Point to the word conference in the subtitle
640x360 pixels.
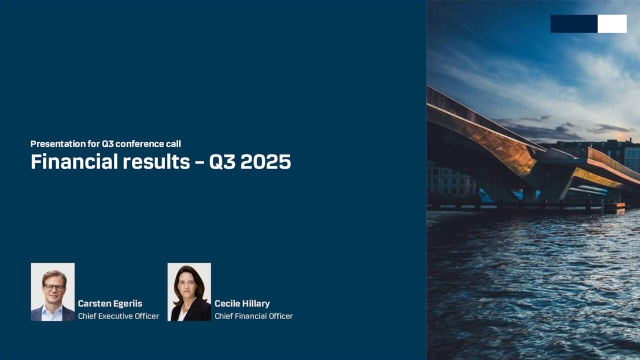pos(138,144)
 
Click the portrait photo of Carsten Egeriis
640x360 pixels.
pos(52,292)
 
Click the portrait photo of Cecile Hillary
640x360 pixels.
pos(189,292)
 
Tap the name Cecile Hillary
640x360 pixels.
pos(243,303)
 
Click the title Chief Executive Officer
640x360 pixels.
pos(118,316)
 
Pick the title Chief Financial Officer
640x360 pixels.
pos(253,316)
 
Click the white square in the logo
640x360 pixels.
pos(612,24)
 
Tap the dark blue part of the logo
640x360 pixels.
pos(573,24)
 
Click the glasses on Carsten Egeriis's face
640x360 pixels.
pos(53,287)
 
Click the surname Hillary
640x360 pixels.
pos(257,303)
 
